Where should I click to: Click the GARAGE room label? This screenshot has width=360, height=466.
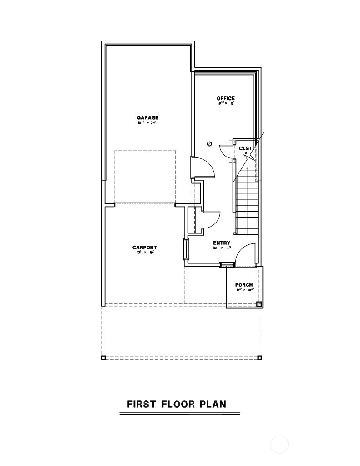click(147, 117)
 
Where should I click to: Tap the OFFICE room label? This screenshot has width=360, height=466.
click(226, 98)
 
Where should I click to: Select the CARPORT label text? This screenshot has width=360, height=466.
click(145, 248)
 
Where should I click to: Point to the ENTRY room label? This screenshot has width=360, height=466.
click(222, 243)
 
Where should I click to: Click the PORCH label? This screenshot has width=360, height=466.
click(244, 285)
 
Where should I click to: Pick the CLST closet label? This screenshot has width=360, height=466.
click(245, 148)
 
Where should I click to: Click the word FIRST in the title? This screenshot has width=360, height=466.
click(141, 404)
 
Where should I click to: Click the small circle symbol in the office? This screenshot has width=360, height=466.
click(209, 144)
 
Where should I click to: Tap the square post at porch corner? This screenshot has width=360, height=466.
click(259, 304)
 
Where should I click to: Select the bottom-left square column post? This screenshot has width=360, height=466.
click(103, 358)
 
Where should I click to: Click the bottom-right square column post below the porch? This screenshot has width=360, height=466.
click(259, 358)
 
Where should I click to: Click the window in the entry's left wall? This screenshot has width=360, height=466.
click(186, 249)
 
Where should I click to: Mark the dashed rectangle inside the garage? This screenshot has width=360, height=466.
click(144, 177)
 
